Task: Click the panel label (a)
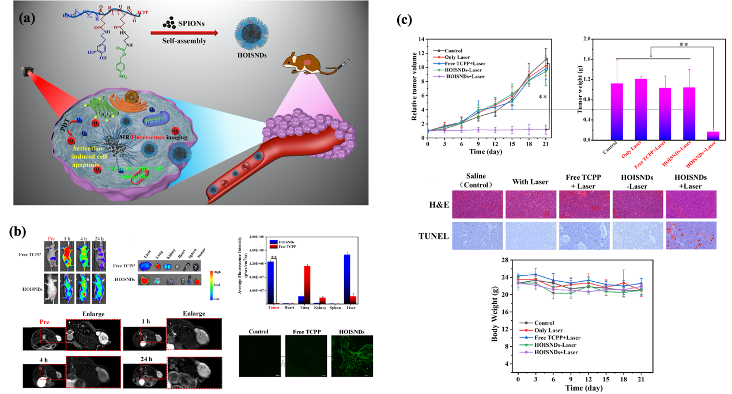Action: pos(28,18)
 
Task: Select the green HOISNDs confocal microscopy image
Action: pos(351,357)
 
